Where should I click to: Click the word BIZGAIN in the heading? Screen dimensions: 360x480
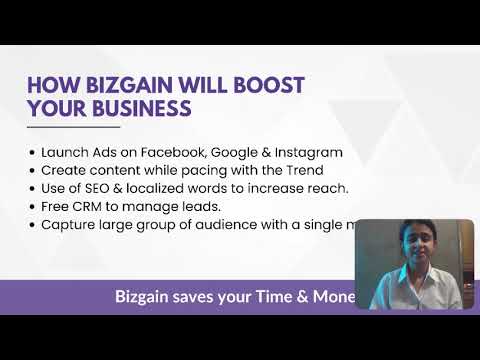(121, 84)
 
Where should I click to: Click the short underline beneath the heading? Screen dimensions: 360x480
(73, 127)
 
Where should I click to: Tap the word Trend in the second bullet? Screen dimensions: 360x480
(300, 171)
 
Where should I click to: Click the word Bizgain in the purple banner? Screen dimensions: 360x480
(147, 297)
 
